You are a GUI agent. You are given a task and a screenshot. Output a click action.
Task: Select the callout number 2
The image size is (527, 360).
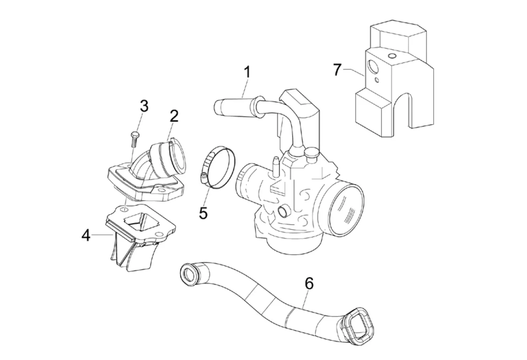(174, 116)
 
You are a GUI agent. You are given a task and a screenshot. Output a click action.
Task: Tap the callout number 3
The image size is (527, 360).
(144, 106)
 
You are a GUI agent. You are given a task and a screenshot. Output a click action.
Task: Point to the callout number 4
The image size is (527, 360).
(85, 235)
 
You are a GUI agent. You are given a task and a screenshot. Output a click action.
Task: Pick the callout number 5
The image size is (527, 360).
(203, 212)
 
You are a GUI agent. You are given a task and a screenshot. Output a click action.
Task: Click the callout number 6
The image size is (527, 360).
(309, 284)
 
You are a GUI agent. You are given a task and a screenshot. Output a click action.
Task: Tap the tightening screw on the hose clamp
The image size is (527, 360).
(203, 176)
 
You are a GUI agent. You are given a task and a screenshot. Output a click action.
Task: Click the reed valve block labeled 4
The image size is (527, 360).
(134, 239)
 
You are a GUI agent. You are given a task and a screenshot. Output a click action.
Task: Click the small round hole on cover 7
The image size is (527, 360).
(377, 80)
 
